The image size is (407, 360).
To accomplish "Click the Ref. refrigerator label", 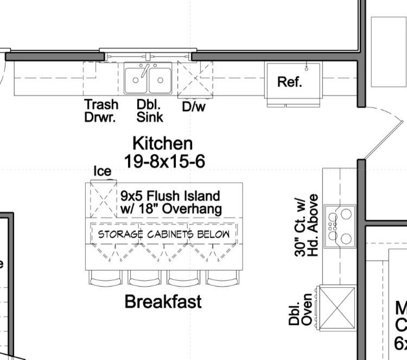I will [289, 82].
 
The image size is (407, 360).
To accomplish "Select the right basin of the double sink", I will [160, 80].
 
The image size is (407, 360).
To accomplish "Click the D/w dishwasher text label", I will [194, 107].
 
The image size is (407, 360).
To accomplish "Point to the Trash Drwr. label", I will [100, 110].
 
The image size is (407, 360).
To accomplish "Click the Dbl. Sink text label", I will [150, 110].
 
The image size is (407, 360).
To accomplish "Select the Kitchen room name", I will [162, 143].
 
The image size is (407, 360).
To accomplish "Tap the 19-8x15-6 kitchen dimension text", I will [164, 160].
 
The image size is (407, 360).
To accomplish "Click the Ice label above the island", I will [103, 171].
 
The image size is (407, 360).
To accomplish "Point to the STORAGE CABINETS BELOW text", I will [163, 234].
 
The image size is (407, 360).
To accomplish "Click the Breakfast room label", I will [163, 301].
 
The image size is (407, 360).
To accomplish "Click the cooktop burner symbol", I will [340, 226].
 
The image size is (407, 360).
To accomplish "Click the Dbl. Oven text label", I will [300, 310].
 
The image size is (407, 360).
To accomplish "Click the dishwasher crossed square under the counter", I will [195, 79].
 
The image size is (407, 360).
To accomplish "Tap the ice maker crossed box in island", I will [103, 199].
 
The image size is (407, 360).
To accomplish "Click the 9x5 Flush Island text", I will [170, 202].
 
